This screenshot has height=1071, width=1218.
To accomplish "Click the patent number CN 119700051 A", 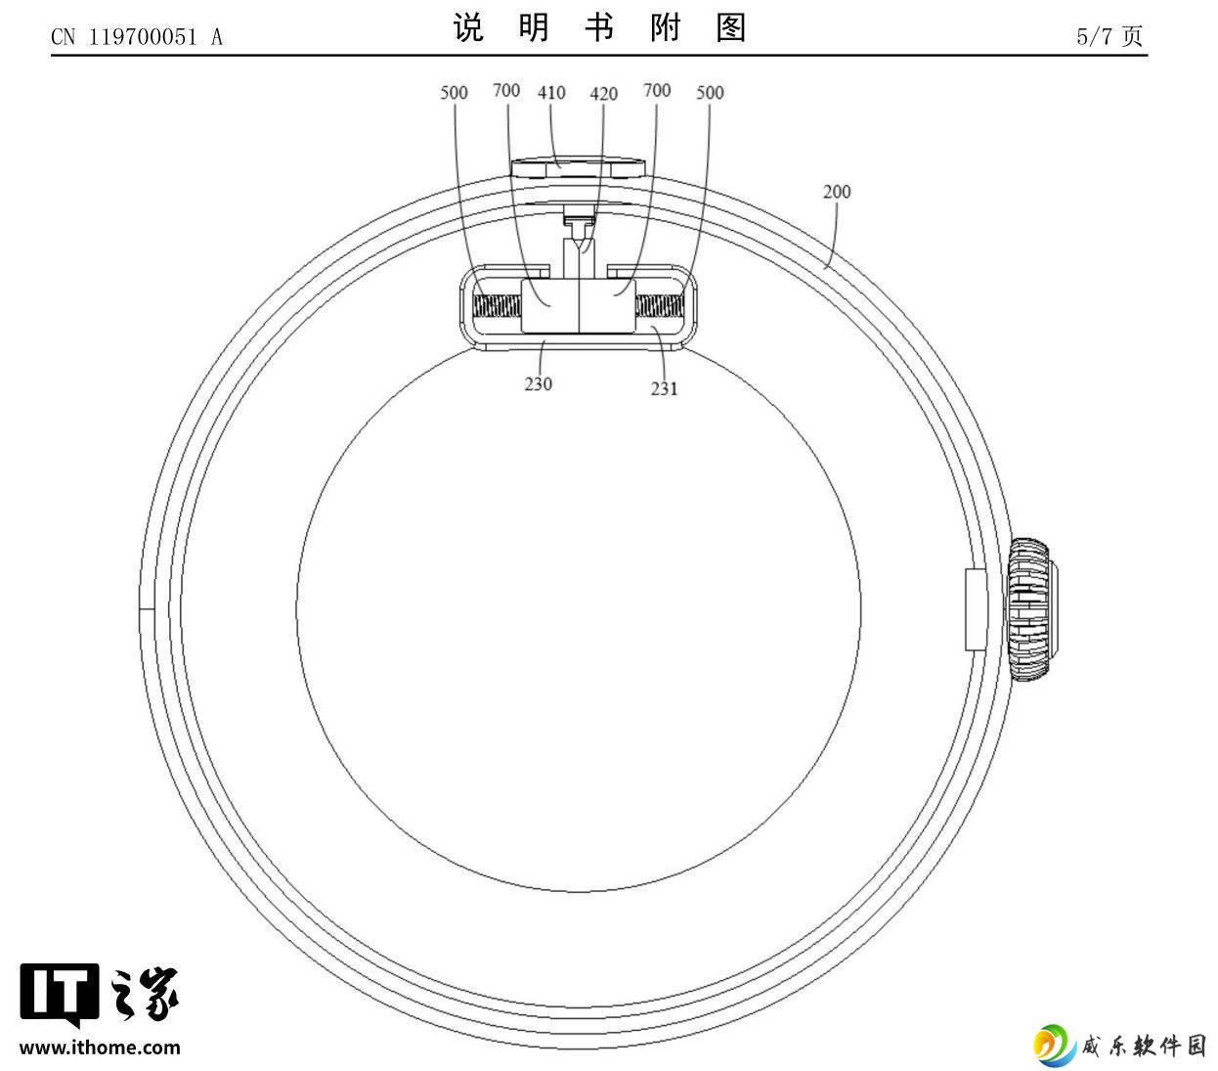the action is pos(137,37).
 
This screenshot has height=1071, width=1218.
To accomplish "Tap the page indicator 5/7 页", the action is pos(1109,36).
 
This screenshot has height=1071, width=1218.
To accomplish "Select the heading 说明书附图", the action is pos(599,27).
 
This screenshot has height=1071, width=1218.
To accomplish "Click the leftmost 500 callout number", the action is pos(454,93).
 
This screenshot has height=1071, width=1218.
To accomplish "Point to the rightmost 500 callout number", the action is pos(710,93).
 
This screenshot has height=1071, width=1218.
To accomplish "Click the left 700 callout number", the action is pos(506,90).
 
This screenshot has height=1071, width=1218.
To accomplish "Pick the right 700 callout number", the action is pos(657,90).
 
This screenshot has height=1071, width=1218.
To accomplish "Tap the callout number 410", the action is pos(551,93).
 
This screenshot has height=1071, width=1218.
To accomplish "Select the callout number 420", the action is pos(603,94).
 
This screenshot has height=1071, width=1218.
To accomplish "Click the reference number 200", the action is pos(836,192).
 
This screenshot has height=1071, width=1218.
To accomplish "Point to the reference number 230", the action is pos(538,383).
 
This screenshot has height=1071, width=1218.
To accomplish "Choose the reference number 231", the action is pos(664,388).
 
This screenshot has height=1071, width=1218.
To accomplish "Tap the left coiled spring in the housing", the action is pos(497,306).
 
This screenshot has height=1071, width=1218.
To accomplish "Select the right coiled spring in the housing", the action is pos(660,306).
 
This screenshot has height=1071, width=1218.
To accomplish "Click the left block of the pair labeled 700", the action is pos(549,306).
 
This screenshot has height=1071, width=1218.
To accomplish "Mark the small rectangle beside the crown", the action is pos(976,609).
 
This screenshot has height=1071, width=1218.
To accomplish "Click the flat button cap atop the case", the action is pos(578,167).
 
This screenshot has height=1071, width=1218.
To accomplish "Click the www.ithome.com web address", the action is pos(100,1048).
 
